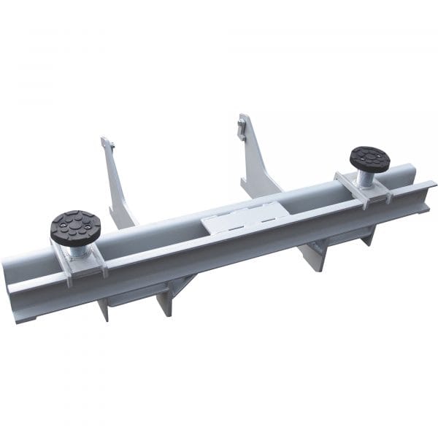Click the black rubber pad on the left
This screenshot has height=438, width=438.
click(x=76, y=226)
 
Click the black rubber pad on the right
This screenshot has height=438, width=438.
click(x=369, y=157)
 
